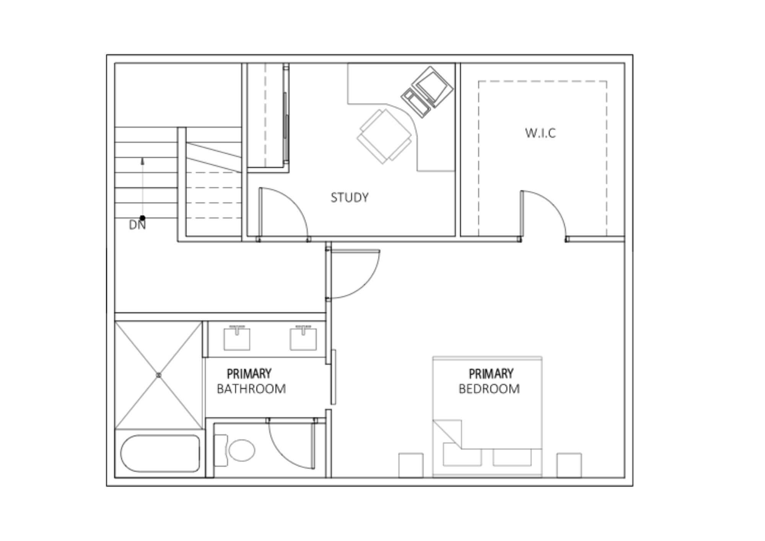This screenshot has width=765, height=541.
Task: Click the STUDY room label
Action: click(350, 197)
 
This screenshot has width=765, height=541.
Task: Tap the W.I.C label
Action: click(540, 133)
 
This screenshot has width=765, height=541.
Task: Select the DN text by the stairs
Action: click(137, 225)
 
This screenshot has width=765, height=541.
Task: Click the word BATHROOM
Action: click(251, 389)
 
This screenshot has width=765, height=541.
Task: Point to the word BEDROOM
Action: click(489, 389)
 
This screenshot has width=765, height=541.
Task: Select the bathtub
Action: click(160, 453)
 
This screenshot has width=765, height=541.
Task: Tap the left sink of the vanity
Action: click(237, 338)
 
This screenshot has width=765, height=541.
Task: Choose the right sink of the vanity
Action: click(303, 338)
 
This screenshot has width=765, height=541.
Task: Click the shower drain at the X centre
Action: click(159, 375)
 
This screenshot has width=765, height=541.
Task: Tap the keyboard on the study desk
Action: click(416, 103)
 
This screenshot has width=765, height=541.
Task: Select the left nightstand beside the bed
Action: click(411, 465)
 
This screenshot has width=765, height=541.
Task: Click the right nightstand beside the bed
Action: click(569, 465)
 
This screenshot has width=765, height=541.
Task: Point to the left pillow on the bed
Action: click(462, 455)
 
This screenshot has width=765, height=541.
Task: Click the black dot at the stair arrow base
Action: click(143, 218)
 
